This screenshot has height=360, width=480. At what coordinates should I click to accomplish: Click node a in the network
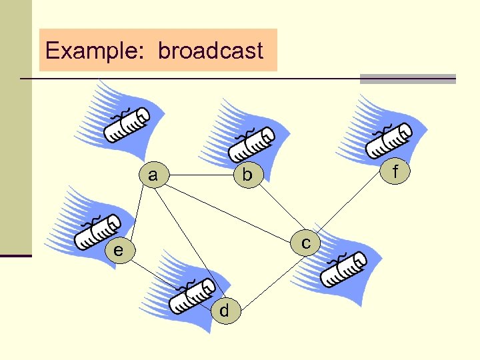154,175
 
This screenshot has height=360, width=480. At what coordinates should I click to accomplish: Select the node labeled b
247,175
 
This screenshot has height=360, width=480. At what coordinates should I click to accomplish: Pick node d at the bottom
224,311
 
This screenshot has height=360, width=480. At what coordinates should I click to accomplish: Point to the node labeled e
118,251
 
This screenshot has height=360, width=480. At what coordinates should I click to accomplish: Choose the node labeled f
395,172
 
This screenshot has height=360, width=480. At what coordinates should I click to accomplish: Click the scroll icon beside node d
191,295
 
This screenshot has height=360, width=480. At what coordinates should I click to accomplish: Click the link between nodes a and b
200,175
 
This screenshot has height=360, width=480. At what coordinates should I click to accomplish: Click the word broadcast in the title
211,51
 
